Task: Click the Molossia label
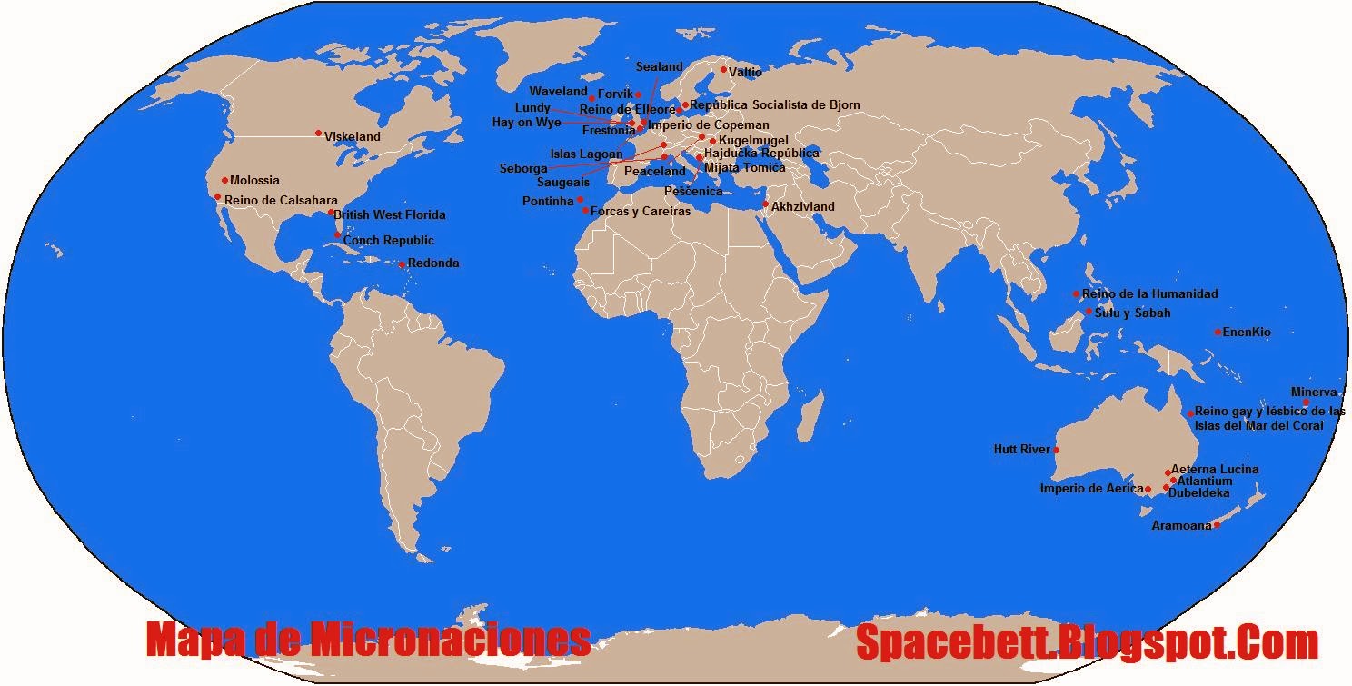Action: tap(254, 181)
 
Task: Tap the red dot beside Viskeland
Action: tap(318, 134)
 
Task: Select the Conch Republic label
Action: tap(388, 241)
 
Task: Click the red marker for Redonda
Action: tap(402, 265)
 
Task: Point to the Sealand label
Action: tap(659, 67)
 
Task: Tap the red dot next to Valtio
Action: tap(723, 70)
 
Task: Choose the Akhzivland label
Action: tap(802, 207)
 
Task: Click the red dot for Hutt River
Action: tap(1056, 450)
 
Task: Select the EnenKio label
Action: tap(1247, 333)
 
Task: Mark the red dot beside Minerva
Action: tap(1306, 403)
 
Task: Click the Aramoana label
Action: tap(1181, 526)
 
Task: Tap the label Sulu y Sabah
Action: tap(1132, 313)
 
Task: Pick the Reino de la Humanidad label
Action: tap(1149, 294)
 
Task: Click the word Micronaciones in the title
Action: tap(451, 641)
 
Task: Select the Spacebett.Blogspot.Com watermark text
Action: tap(1087, 642)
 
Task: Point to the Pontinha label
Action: tap(548, 201)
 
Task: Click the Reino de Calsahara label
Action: tap(281, 201)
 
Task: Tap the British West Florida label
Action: tap(390, 215)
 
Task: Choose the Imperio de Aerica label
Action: tap(1091, 489)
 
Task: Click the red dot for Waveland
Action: tap(592, 98)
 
